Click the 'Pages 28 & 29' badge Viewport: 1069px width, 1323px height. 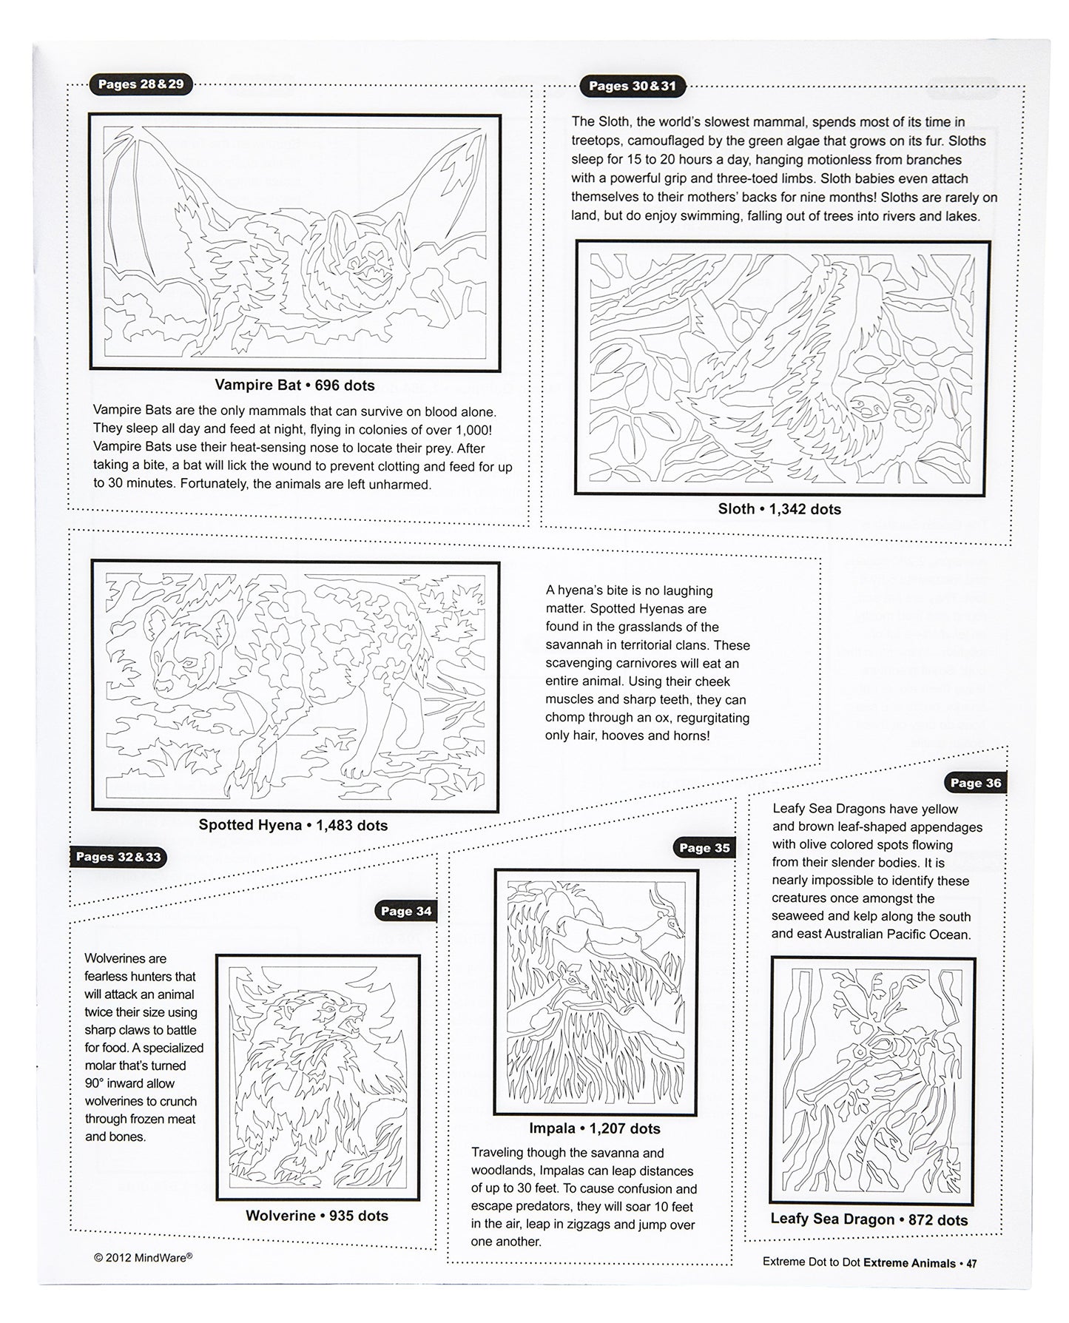coord(141,84)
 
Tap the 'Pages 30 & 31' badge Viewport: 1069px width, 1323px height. coord(632,87)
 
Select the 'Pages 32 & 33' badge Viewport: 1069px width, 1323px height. coord(118,858)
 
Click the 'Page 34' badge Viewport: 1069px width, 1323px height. coord(406,912)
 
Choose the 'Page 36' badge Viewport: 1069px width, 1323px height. coord(975,783)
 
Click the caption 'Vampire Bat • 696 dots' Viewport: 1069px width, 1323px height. coord(294,385)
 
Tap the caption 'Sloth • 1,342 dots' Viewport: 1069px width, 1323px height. coord(779,509)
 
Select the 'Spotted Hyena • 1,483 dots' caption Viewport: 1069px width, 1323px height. coord(293,825)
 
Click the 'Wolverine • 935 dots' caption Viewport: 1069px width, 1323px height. coord(317,1216)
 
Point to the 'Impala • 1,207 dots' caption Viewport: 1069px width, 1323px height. coord(595,1128)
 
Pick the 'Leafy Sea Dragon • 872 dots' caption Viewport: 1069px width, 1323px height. coord(869,1219)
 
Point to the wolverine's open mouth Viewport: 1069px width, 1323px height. coord(354,1016)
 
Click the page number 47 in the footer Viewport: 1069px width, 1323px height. coord(971,1263)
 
